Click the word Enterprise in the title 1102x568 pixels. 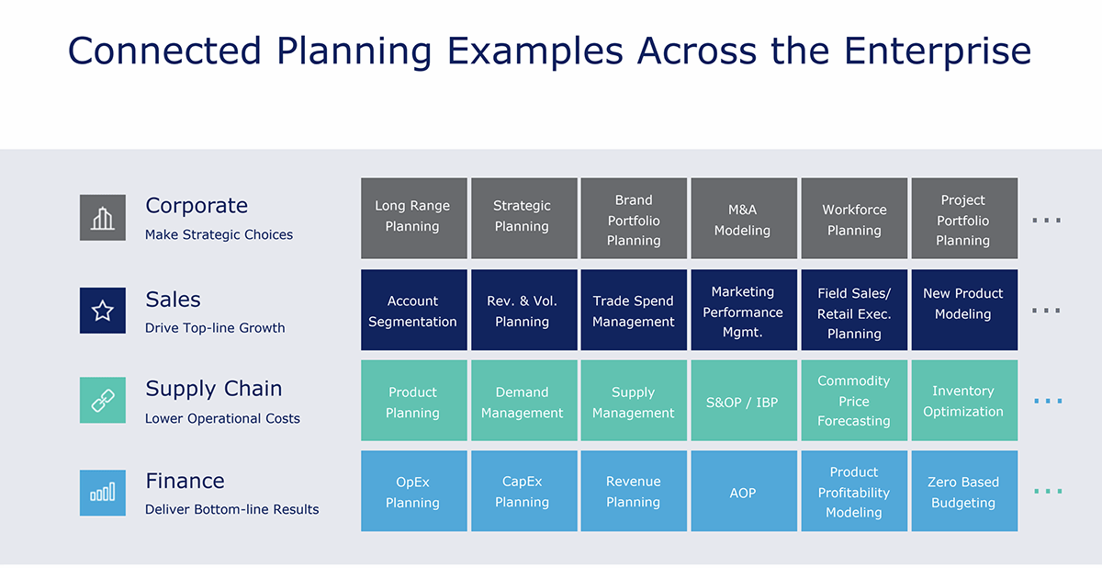click(937, 51)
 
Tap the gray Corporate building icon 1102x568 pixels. click(103, 218)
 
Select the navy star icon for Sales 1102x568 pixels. click(103, 311)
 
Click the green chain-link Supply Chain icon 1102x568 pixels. click(103, 401)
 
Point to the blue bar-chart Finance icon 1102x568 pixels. click(103, 493)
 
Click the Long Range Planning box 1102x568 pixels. click(413, 218)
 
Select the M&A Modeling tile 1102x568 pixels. click(743, 218)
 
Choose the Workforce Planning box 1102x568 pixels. click(854, 218)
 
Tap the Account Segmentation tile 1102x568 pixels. click(413, 311)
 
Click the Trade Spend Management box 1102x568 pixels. click(634, 311)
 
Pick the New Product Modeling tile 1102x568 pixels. click(963, 311)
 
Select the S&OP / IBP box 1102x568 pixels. click(743, 402)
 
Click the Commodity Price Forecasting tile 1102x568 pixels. click(854, 401)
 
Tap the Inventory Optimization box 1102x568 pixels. click(963, 402)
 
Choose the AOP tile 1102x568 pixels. click(743, 493)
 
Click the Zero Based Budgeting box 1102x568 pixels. click(963, 492)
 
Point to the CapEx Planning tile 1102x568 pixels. click(523, 492)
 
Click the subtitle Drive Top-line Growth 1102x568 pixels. click(215, 328)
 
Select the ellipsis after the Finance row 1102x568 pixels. click(1047, 492)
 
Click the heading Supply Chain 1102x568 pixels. click(213, 389)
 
